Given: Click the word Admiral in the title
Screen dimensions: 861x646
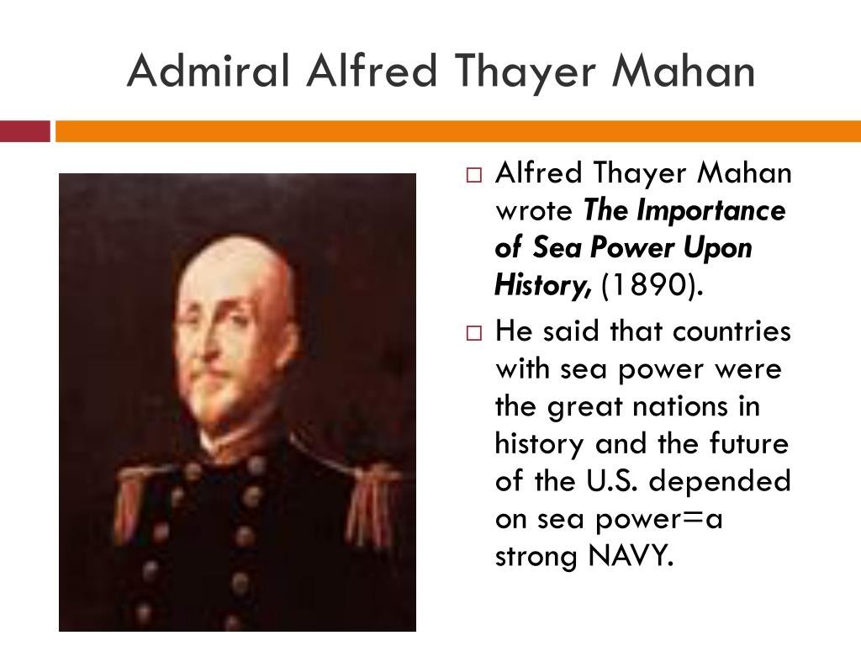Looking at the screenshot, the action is tap(209, 71).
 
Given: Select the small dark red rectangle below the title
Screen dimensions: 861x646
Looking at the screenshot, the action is tap(24, 131).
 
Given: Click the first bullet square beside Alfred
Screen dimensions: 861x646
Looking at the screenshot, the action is tap(474, 175).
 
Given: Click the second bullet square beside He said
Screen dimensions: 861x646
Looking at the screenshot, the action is tap(474, 333).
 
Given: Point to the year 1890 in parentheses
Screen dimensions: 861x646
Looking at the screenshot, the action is tap(652, 284).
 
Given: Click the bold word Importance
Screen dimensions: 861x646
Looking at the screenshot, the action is tap(711, 210).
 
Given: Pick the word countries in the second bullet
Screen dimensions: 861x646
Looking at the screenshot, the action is tap(732, 331).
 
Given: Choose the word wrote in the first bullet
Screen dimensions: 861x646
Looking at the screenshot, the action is tap(534, 211).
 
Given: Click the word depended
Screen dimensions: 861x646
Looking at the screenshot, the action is tap(720, 482).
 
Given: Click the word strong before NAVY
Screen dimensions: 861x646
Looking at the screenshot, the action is tap(536, 557).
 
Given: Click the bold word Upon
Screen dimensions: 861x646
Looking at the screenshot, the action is tap(718, 249).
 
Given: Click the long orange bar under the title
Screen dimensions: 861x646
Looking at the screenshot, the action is tap(458, 131).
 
